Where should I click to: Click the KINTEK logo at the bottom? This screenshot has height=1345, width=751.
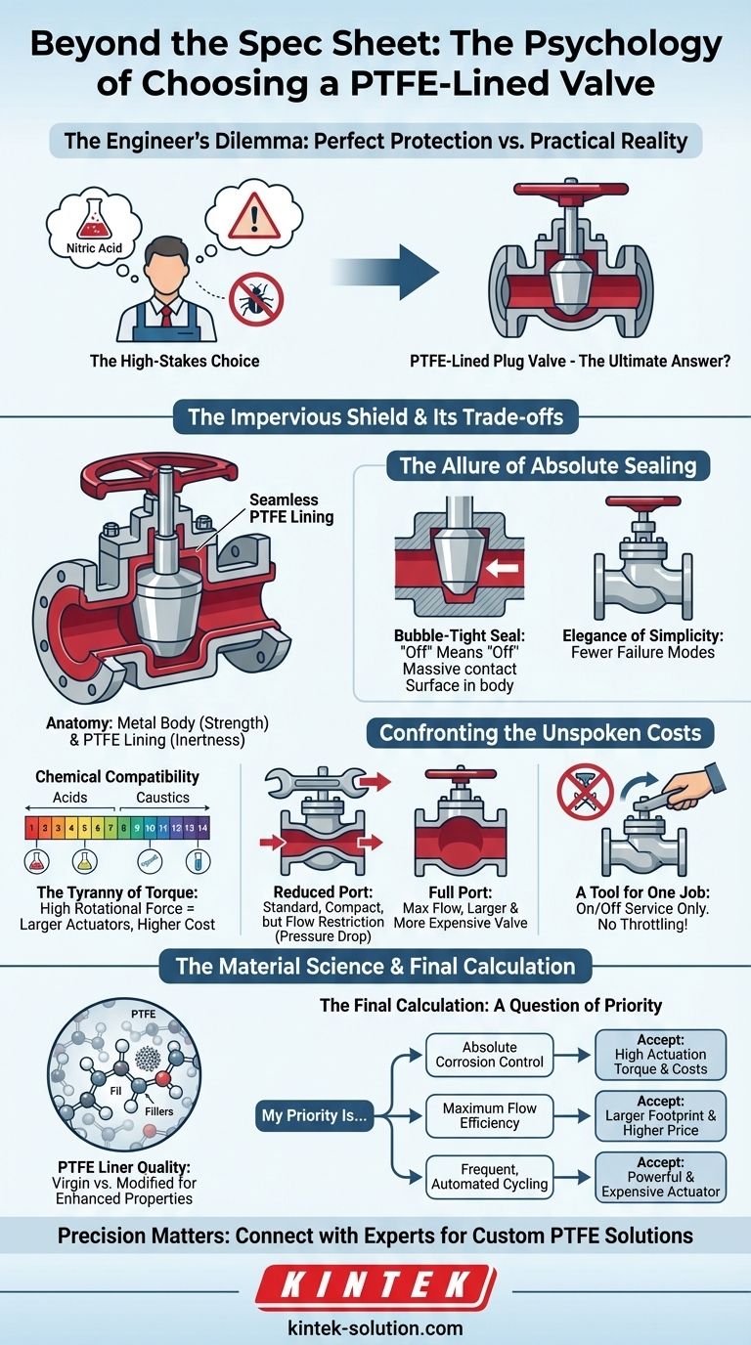pyautogui.click(x=375, y=1287)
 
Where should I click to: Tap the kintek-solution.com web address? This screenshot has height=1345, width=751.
pyautogui.click(x=375, y=1327)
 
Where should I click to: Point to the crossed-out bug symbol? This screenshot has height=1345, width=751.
pyautogui.click(x=255, y=299)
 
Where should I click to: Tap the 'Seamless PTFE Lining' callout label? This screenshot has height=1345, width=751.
pyautogui.click(x=290, y=507)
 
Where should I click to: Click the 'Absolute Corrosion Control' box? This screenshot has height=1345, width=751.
pyautogui.click(x=489, y=1054)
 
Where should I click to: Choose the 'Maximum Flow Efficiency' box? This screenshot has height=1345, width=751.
pyautogui.click(x=489, y=1115)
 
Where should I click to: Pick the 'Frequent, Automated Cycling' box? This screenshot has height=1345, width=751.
pyautogui.click(x=489, y=1177)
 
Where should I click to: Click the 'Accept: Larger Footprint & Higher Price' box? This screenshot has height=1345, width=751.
pyautogui.click(x=661, y=1115)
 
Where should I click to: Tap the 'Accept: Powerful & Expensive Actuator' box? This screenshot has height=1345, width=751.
pyautogui.click(x=661, y=1177)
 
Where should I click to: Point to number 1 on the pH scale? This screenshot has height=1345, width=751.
pyautogui.click(x=31, y=827)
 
